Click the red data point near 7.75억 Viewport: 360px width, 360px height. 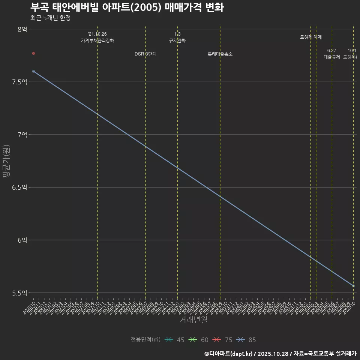point(33,53)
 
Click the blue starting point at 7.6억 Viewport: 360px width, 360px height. point(33,71)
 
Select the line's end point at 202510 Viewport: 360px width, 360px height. point(353,286)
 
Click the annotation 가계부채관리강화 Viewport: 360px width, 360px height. point(97,40)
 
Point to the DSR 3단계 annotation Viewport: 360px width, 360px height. point(145,54)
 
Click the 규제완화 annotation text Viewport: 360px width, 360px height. point(177,40)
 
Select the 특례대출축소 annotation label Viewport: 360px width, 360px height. point(220,54)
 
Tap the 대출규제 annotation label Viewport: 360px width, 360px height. point(332,57)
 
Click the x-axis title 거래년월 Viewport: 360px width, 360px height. point(193,320)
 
